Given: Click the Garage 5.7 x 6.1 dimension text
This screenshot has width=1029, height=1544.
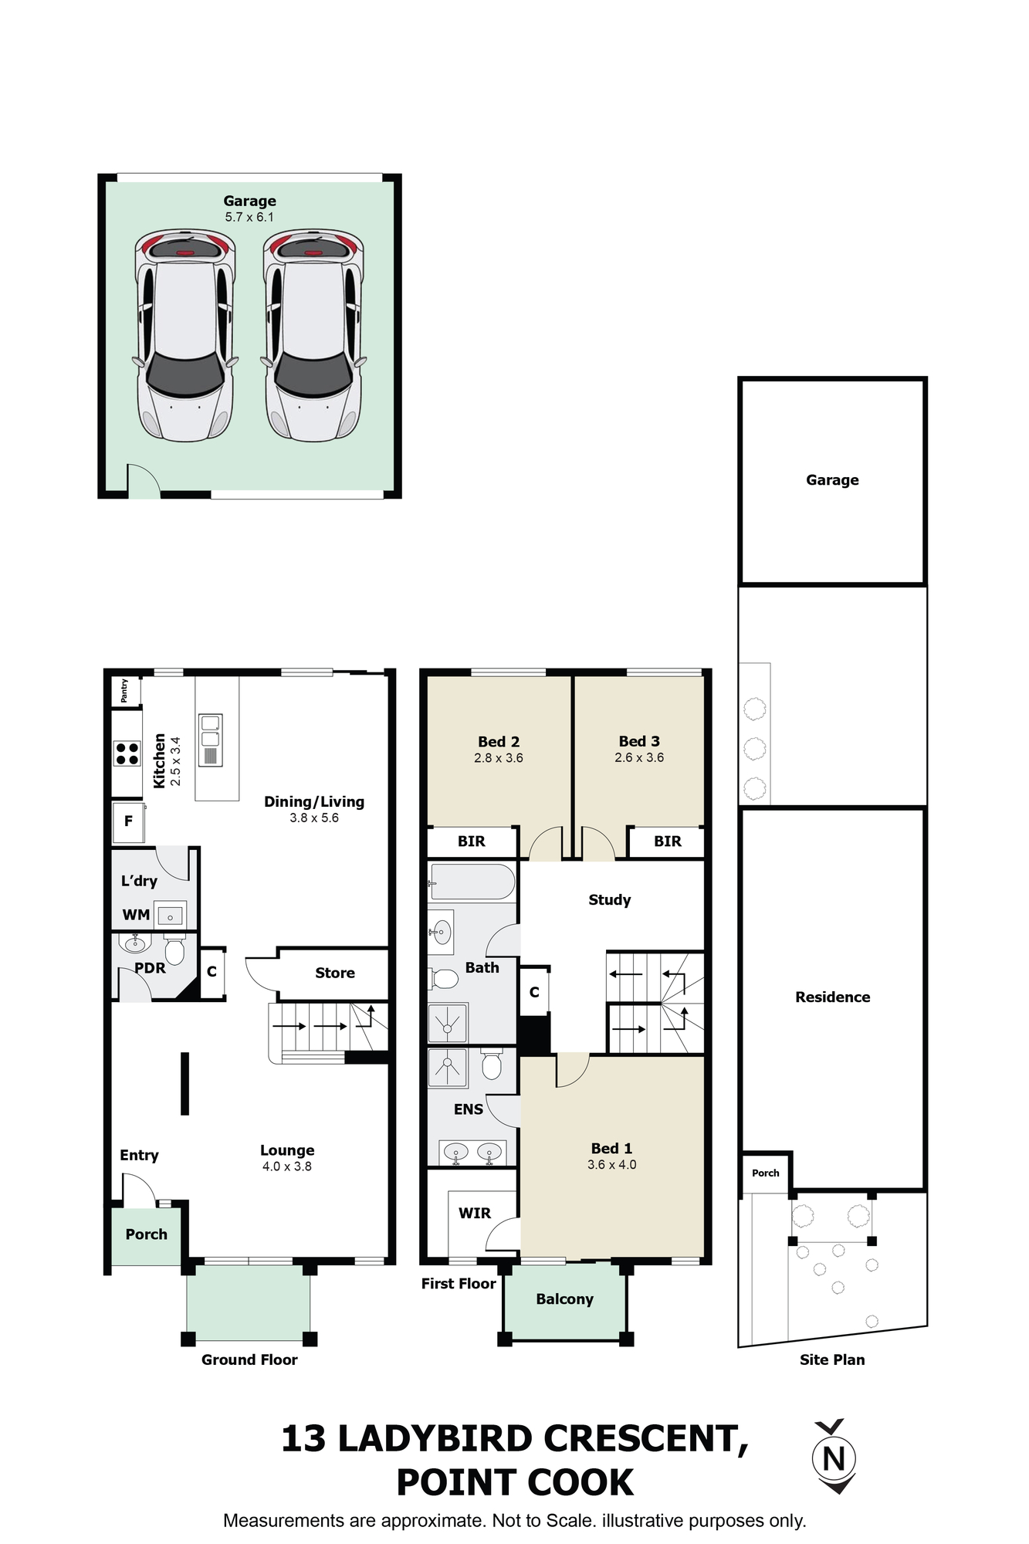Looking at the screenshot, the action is [249, 218].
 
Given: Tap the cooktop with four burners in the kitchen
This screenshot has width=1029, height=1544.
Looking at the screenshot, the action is [127, 753].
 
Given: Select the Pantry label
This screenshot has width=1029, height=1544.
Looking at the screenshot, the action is [124, 691].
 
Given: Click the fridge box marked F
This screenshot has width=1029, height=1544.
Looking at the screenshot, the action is [128, 821].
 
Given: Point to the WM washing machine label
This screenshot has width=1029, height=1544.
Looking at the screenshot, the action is [136, 915].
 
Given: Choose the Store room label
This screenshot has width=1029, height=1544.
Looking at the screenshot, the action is [335, 973].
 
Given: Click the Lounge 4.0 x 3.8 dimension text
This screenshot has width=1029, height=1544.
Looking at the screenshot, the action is [287, 1166].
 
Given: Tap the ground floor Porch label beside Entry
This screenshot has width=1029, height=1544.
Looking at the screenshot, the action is [147, 1234].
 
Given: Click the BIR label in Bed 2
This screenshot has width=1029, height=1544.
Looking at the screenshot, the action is [472, 841].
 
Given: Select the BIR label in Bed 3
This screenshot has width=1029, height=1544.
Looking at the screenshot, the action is [668, 841].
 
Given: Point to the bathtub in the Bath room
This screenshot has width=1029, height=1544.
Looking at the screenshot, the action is [472, 882].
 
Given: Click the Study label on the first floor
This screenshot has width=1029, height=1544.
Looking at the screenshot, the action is [610, 900].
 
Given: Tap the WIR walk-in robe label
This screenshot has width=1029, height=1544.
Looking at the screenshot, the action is [475, 1213].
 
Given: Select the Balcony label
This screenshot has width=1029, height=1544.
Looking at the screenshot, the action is [565, 1299].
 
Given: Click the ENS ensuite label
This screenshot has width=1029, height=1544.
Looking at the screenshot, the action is [469, 1109].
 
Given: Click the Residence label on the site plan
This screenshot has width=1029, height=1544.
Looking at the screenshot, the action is [833, 997].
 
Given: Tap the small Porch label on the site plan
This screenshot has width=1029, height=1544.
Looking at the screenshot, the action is [766, 1173].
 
